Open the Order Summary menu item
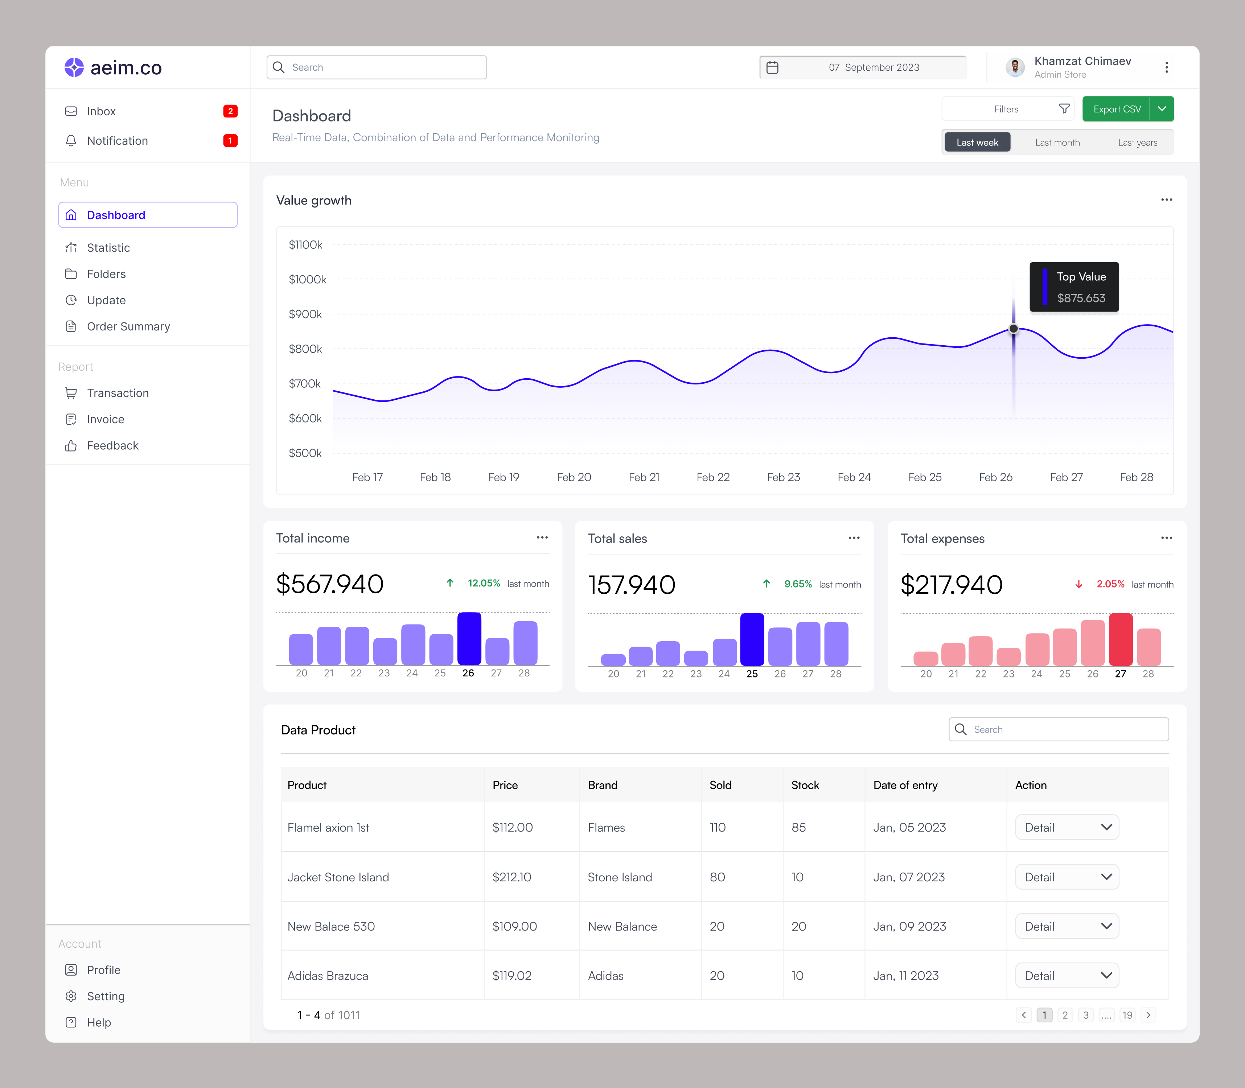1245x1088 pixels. [x=128, y=327]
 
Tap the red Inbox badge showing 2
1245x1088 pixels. [x=230, y=111]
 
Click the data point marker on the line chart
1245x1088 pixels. [x=1014, y=329]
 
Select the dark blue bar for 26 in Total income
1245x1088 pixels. [x=469, y=639]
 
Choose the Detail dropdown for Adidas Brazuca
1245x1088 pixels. [x=1067, y=976]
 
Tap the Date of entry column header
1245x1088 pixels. [x=905, y=785]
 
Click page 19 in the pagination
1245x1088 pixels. [x=1127, y=1015]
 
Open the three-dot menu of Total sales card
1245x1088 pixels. [x=854, y=538]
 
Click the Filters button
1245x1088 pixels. [x=1007, y=109]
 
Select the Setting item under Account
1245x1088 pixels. [x=106, y=996]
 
